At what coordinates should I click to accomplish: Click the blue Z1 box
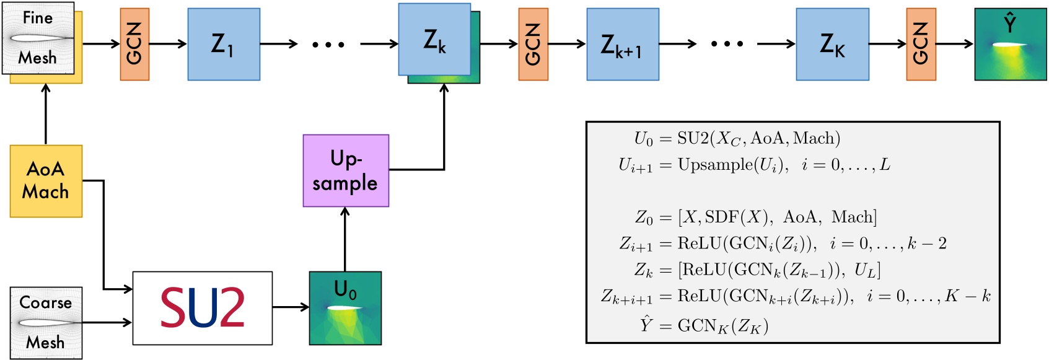pyautogui.click(x=224, y=44)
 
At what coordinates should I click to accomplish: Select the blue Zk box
pyautogui.click(x=434, y=39)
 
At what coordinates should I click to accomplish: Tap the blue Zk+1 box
pyautogui.click(x=622, y=44)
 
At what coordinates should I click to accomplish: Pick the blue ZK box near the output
pyautogui.click(x=832, y=44)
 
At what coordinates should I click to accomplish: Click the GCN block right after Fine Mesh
pyautogui.click(x=134, y=44)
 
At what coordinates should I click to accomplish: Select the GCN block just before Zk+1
pyautogui.click(x=533, y=44)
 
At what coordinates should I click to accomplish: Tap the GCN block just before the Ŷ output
pyautogui.click(x=921, y=44)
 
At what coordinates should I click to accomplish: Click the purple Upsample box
pyautogui.click(x=346, y=170)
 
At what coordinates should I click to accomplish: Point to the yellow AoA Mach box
pyautogui.click(x=46, y=181)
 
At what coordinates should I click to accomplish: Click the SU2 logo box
pyautogui.click(x=203, y=308)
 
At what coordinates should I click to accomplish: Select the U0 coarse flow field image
pyautogui.click(x=345, y=308)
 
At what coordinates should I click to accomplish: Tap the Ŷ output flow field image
pyautogui.click(x=1010, y=44)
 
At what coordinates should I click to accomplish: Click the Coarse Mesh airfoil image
pyautogui.click(x=46, y=323)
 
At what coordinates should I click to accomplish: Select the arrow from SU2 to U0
pyautogui.click(x=291, y=307)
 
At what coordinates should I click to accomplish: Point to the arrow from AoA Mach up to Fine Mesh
pyautogui.click(x=45, y=114)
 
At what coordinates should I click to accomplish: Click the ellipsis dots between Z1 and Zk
pyautogui.click(x=328, y=44)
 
